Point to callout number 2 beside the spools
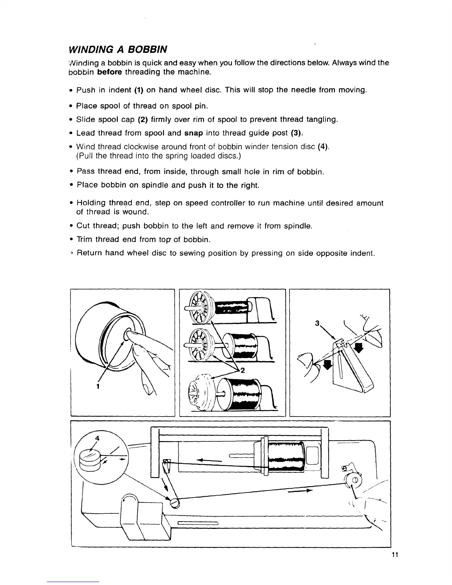pos(243,371)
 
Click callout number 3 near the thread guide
pos(317,323)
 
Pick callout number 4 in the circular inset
pos(97,438)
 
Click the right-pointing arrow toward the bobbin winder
pos(299,492)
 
